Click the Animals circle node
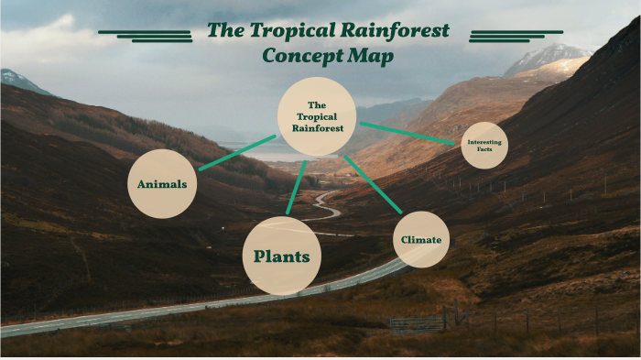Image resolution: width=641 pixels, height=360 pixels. point(162,184)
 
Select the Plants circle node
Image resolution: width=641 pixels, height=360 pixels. point(282,256)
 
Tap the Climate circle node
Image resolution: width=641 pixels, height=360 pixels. point(421,240)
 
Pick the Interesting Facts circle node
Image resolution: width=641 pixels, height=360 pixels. point(484,145)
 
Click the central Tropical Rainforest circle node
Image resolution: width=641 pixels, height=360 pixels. point(317,116)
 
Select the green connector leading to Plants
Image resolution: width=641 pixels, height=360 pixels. point(296,188)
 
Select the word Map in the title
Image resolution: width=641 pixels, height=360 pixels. point(371,56)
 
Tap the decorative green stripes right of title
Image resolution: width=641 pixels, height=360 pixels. point(503,35)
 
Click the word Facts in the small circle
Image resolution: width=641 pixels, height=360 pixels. point(484,148)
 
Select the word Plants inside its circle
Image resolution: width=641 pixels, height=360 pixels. point(282,256)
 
